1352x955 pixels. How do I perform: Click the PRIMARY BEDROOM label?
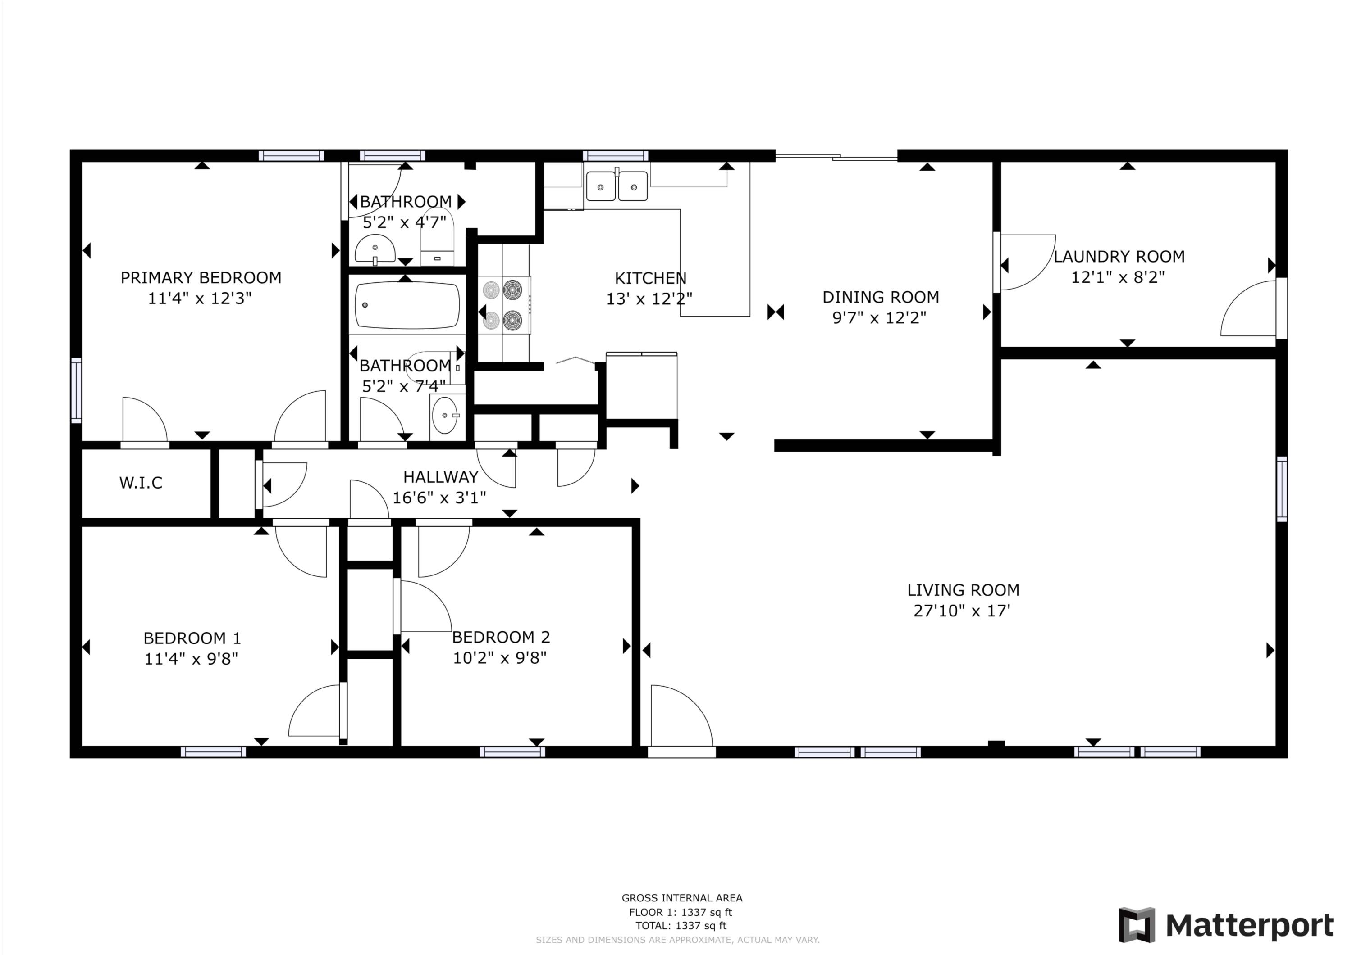pos(201,278)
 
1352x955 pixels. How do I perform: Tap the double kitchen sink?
pos(617,186)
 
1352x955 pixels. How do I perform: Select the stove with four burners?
pos(503,305)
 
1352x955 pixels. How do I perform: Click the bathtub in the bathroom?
pos(407,305)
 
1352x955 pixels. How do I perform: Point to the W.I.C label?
pos(141,483)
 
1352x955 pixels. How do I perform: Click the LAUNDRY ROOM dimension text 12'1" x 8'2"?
pos(1118,277)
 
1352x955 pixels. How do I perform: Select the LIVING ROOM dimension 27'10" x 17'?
pos(962,611)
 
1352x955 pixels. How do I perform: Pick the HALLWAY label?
pos(440,477)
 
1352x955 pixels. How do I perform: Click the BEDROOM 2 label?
pos(501,637)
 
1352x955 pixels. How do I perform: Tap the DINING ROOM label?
pos(880,297)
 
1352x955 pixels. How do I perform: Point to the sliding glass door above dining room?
pos(836,157)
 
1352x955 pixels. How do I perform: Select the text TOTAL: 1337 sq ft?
pos(681,926)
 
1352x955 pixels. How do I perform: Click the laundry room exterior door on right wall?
pos(1281,308)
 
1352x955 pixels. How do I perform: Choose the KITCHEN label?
pos(650,278)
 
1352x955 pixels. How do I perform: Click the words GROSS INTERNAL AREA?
pos(682,898)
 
